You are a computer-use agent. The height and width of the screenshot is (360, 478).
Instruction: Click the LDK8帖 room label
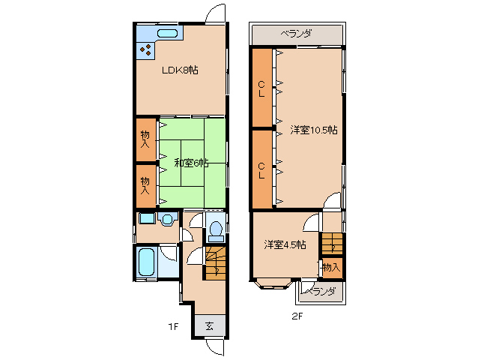pyautogui.click(x=180, y=70)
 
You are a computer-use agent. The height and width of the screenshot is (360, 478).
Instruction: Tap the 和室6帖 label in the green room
pyautogui.click(x=191, y=163)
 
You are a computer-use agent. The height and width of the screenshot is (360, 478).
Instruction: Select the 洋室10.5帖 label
pyautogui.click(x=314, y=130)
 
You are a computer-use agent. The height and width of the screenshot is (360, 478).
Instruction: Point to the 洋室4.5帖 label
pyautogui.click(x=285, y=244)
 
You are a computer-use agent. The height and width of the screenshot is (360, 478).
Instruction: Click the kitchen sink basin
pyautogui.click(x=167, y=33)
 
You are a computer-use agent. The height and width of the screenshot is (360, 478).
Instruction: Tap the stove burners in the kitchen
pyautogui.click(x=145, y=49)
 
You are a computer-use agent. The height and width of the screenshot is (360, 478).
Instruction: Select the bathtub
pyautogui.click(x=146, y=262)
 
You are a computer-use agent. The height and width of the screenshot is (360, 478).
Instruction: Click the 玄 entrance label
pyautogui.click(x=209, y=326)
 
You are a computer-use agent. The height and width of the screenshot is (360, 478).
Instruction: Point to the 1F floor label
pyautogui.click(x=173, y=327)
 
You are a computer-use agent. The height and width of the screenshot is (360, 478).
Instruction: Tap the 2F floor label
pyautogui.click(x=297, y=316)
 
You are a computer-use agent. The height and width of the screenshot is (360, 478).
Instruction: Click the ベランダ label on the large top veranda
pyautogui.click(x=296, y=33)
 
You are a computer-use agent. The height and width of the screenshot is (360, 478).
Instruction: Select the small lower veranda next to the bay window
pyautogui.click(x=321, y=292)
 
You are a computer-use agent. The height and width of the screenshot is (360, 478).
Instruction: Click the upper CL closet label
pyautogui.click(x=261, y=88)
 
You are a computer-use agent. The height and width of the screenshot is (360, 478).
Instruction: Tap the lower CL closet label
pyautogui.click(x=261, y=170)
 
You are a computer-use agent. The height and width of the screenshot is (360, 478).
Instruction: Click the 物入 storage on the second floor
pyautogui.click(x=333, y=268)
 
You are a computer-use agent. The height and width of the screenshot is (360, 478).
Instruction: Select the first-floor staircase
pyautogui.click(x=216, y=263)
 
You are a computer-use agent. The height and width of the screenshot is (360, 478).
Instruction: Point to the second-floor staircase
pyautogui.click(x=332, y=243)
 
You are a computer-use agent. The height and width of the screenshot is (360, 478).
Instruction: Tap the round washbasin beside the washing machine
pyautogui.click(x=167, y=219)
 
